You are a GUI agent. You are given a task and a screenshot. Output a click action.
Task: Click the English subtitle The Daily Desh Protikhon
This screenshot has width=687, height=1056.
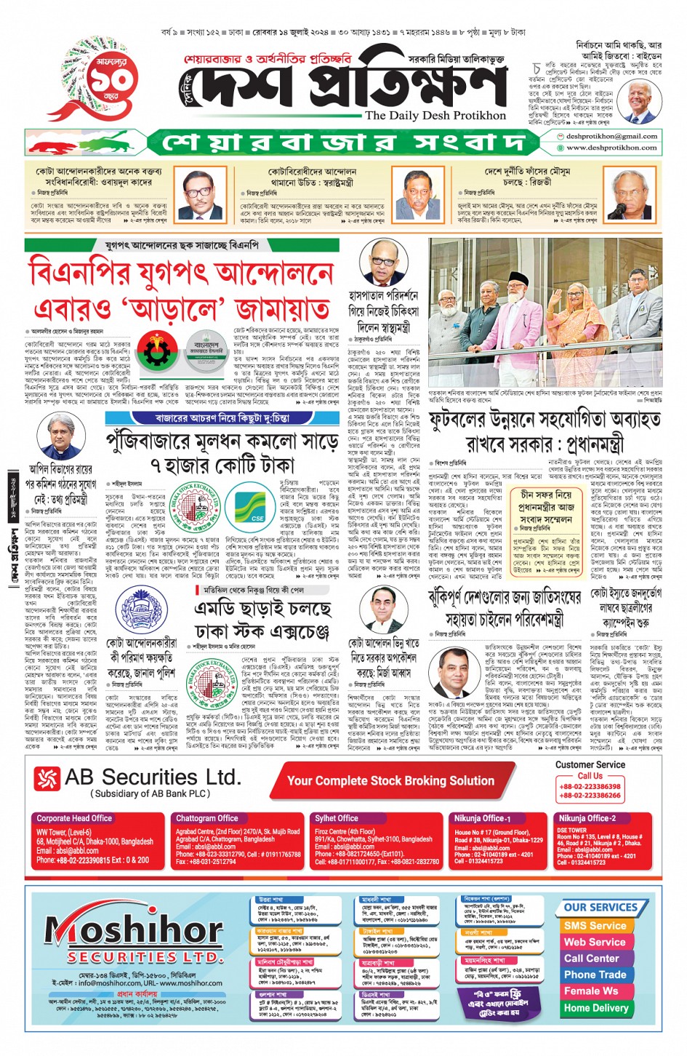click(435, 116)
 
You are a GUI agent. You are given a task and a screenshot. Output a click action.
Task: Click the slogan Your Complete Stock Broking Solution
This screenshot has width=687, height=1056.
click(390, 781)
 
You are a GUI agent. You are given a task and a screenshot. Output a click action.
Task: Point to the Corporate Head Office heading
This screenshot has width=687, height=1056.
click(74, 818)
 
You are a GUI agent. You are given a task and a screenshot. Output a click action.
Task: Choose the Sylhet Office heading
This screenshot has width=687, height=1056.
click(337, 818)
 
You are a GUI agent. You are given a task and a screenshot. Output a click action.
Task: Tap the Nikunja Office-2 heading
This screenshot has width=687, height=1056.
click(587, 818)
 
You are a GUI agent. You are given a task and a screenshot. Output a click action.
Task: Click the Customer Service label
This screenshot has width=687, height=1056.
click(590, 765)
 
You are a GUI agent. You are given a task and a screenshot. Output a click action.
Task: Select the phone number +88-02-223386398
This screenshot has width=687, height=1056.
click(590, 786)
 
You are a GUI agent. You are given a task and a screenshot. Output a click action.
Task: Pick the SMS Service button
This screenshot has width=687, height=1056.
click(595, 926)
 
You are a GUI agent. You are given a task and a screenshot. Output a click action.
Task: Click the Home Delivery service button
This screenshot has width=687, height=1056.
click(596, 1008)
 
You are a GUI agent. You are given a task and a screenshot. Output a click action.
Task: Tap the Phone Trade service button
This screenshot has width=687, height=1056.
click(595, 975)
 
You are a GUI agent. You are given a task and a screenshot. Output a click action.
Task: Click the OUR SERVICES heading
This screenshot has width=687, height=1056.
click(600, 908)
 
